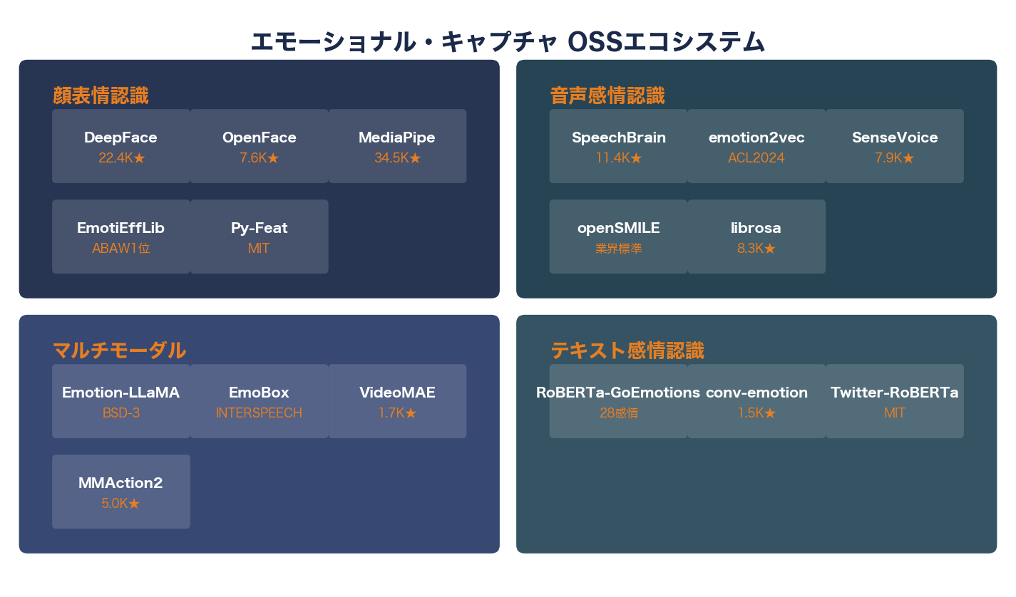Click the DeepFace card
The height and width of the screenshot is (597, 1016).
click(120, 146)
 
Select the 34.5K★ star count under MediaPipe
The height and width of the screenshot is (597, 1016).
click(397, 158)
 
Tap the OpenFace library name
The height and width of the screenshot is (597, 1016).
click(259, 137)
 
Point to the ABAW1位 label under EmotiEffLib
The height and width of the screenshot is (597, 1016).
click(120, 249)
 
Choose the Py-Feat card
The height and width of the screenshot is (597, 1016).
click(259, 237)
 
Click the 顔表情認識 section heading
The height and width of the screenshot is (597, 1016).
click(101, 95)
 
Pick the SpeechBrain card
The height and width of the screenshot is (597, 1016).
click(618, 146)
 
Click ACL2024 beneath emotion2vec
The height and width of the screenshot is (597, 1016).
click(756, 158)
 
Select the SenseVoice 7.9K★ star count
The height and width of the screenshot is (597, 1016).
click(894, 158)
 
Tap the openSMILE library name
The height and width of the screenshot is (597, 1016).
click(618, 228)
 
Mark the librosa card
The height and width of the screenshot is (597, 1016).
click(756, 237)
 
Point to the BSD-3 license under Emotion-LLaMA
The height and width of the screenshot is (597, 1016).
click(120, 413)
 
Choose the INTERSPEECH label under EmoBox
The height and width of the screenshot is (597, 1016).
click(259, 413)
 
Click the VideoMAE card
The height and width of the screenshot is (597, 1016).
click(397, 401)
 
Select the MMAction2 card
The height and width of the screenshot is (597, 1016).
click(120, 492)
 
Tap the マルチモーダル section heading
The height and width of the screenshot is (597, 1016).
click(119, 351)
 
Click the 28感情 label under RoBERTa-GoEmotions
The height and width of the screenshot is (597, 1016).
click(618, 413)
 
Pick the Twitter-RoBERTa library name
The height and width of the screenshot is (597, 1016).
click(894, 393)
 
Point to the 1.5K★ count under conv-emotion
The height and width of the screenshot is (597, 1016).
click(756, 413)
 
